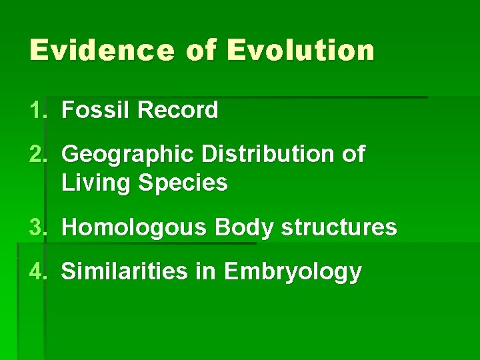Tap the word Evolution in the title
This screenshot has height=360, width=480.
coord(301,51)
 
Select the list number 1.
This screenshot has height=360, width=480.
coord(37,110)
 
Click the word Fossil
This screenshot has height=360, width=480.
coord(95,110)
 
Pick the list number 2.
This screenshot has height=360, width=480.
coord(37,154)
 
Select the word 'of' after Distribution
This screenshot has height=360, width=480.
coord(353,154)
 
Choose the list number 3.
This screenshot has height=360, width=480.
coord(37,227)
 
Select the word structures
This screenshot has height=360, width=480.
coord(339,227)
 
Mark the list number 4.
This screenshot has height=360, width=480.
coord(37,271)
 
